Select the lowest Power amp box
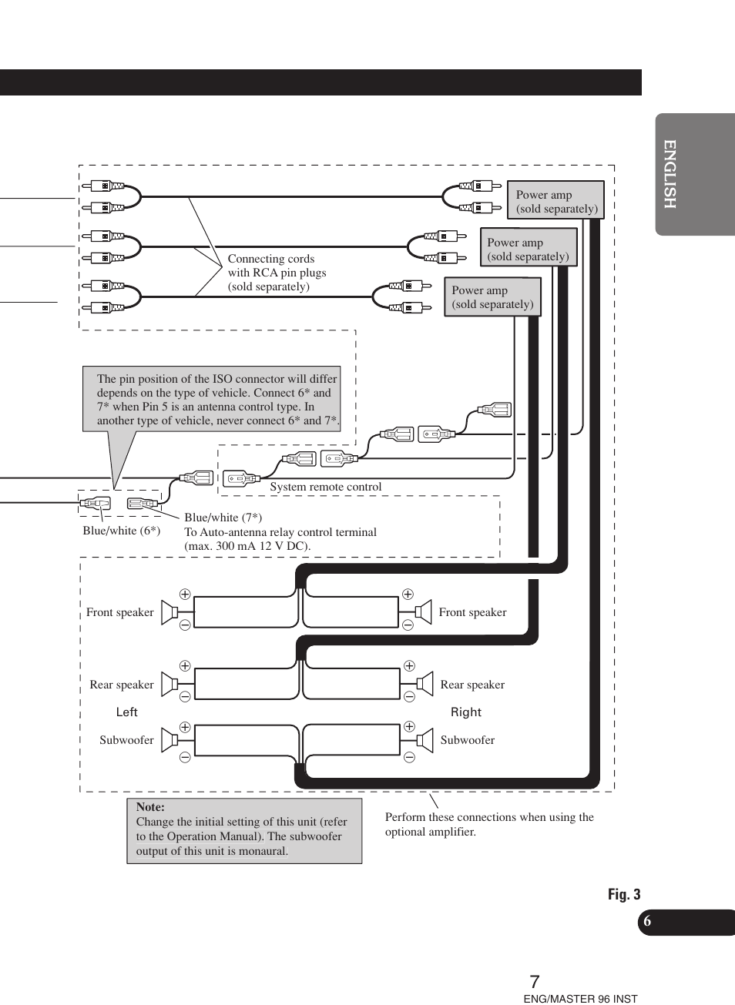[x=492, y=297]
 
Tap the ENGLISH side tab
[x=670, y=174]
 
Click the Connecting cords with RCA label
[x=277, y=273]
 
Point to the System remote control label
[x=325, y=487]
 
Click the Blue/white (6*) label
[x=122, y=531]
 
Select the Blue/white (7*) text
[x=223, y=518]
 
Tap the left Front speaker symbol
[x=169, y=612]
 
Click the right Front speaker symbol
[x=423, y=612]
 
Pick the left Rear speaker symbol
[x=169, y=684]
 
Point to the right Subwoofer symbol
[x=424, y=740]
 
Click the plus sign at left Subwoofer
[x=185, y=727]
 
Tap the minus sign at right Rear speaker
[x=409, y=697]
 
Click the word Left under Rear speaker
[x=127, y=712]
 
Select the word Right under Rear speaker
[x=466, y=712]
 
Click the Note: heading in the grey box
[x=150, y=807]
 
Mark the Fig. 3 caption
[x=624, y=894]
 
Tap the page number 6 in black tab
[x=647, y=922]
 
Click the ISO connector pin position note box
[x=212, y=399]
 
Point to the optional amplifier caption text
[x=489, y=824]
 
